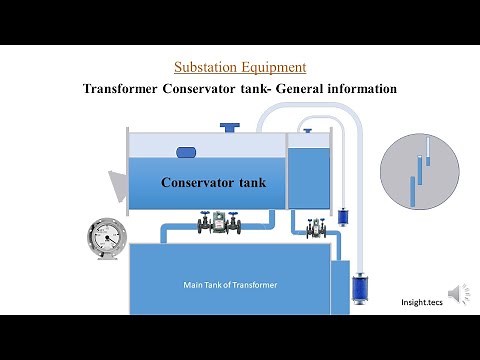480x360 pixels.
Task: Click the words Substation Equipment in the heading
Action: [240, 68]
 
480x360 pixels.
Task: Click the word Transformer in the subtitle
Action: [119, 89]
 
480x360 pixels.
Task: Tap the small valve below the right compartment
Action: [316, 228]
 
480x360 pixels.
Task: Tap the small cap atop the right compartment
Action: [307, 129]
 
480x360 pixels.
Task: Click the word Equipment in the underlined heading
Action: [272, 68]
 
